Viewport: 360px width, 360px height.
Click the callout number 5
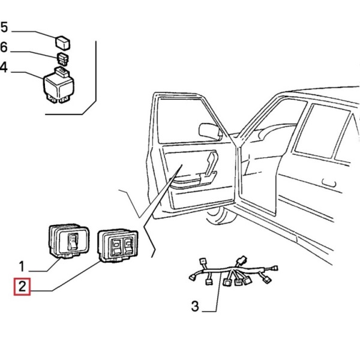(4, 27)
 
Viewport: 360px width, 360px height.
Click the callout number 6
(4, 47)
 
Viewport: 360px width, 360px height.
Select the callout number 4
(4, 67)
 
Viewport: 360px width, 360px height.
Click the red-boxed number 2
(22, 287)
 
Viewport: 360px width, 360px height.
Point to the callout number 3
(194, 307)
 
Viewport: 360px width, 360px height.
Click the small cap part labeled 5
(62, 41)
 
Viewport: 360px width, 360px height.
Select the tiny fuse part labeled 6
(62, 58)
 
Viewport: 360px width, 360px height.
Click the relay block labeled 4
(58, 85)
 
